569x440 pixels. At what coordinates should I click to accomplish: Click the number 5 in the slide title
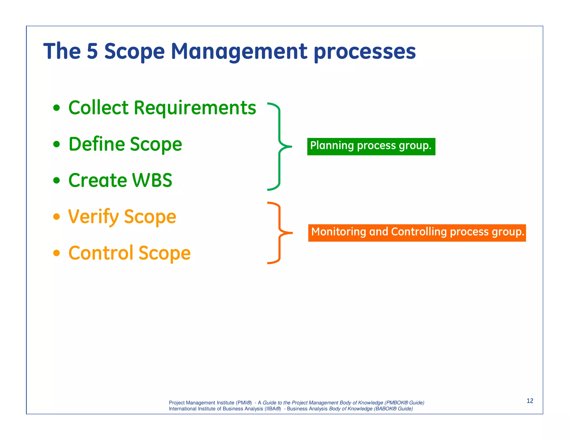pos(92,51)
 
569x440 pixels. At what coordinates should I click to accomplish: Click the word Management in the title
pos(239,52)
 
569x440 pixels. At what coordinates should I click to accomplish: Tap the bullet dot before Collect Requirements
pos(57,108)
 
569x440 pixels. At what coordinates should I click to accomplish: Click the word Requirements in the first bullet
pos(195,108)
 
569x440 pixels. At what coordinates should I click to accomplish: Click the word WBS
pos(152,180)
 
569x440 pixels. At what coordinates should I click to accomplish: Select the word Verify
pos(94,217)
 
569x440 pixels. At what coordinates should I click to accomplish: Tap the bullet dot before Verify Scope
pos(57,216)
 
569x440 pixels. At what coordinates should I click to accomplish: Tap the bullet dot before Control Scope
pos(57,253)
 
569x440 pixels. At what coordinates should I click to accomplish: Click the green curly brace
pos(279,146)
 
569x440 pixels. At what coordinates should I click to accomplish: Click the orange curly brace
pos(279,233)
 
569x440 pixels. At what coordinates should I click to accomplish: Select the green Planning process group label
pos(371,146)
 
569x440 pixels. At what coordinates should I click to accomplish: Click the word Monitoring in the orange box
pos(338,232)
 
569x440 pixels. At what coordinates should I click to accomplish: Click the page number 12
pos(530,401)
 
